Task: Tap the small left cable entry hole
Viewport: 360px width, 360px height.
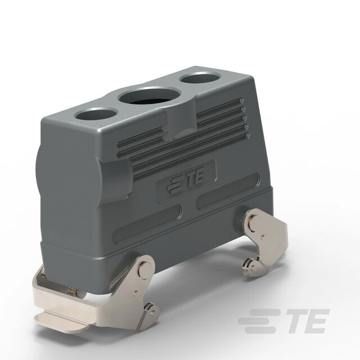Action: pyautogui.click(x=96, y=115)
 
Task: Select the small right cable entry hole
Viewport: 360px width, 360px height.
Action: pyautogui.click(x=200, y=78)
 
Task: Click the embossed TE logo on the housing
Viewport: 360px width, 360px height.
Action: pyautogui.click(x=186, y=180)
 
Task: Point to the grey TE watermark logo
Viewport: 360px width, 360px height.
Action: pyautogui.click(x=283, y=321)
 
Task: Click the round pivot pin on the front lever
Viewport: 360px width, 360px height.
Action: pyautogui.click(x=145, y=268)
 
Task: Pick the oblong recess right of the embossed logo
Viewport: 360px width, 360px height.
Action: pyautogui.click(x=228, y=191)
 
